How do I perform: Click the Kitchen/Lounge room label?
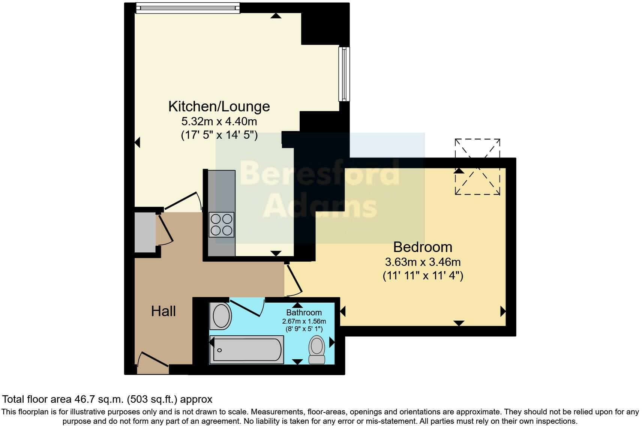tap(219, 106)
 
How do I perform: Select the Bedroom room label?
tap(423, 247)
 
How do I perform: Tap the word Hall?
tap(163, 311)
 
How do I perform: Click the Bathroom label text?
tap(304, 312)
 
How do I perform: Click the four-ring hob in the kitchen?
tap(221, 225)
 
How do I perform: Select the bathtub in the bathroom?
tap(247, 350)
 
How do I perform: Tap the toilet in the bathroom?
tap(317, 349)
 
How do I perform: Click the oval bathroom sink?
tap(221, 316)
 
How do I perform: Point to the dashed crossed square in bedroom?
tap(477, 167)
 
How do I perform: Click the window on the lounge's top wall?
tap(187, 8)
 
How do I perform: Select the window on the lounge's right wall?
tap(344, 74)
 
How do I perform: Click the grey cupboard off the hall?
tap(145, 232)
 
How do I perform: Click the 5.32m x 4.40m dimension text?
tap(219, 121)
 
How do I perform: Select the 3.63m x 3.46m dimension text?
tap(423, 262)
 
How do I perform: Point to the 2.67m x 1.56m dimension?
tap(304, 321)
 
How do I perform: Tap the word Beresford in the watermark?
tap(319, 173)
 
